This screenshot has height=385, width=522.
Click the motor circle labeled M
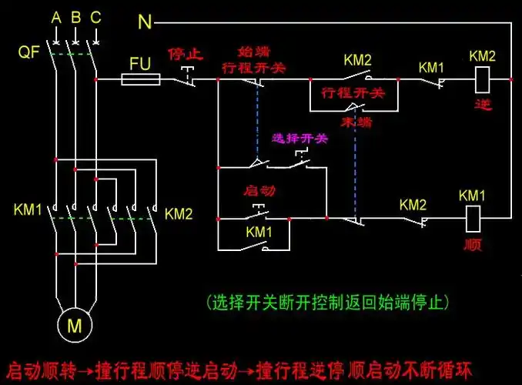point(75,326)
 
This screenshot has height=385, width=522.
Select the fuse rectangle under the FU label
point(141,79)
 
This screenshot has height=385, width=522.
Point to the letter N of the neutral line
point(145,22)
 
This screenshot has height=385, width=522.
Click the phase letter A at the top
point(56,17)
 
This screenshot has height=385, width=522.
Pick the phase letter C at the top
point(95,17)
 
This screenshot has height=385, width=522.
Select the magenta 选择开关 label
point(299,139)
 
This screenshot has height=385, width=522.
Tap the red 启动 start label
point(259,189)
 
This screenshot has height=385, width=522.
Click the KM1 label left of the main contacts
point(28,209)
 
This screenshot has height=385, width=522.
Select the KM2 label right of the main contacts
point(178,213)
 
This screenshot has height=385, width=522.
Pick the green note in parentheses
point(327,300)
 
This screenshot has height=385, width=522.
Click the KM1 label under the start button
point(259,231)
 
